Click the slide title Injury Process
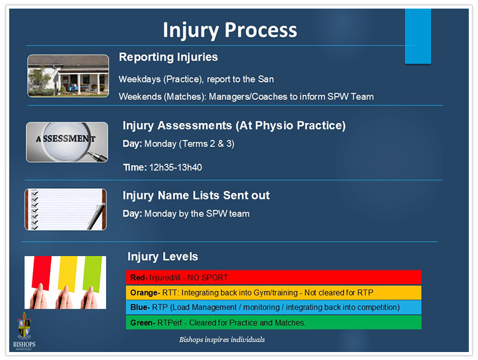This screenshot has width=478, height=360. pyautogui.click(x=230, y=30)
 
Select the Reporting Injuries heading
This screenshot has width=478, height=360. pyautogui.click(x=169, y=57)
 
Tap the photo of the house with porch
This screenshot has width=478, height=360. pyautogui.click(x=68, y=76)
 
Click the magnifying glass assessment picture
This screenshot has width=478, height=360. pyautogui.click(x=67, y=142)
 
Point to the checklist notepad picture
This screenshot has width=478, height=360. pyautogui.click(x=66, y=209)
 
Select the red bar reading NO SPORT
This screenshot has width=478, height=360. pyautogui.click(x=273, y=277)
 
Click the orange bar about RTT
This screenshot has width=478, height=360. pyautogui.click(x=273, y=293)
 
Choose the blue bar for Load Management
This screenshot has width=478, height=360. pyautogui.click(x=273, y=307)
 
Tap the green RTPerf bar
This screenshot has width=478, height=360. pyautogui.click(x=273, y=323)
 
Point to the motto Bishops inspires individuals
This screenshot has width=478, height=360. pyautogui.click(x=222, y=340)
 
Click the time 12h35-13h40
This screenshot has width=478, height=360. pyautogui.click(x=176, y=167)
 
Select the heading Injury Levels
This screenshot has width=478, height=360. pyautogui.click(x=163, y=256)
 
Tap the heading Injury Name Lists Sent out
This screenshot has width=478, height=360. pyautogui.click(x=196, y=195)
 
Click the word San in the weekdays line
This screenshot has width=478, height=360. pyautogui.click(x=266, y=79)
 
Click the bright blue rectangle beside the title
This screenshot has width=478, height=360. pyautogui.click(x=418, y=36)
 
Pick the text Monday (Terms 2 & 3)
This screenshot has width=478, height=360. pyautogui.click(x=189, y=144)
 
